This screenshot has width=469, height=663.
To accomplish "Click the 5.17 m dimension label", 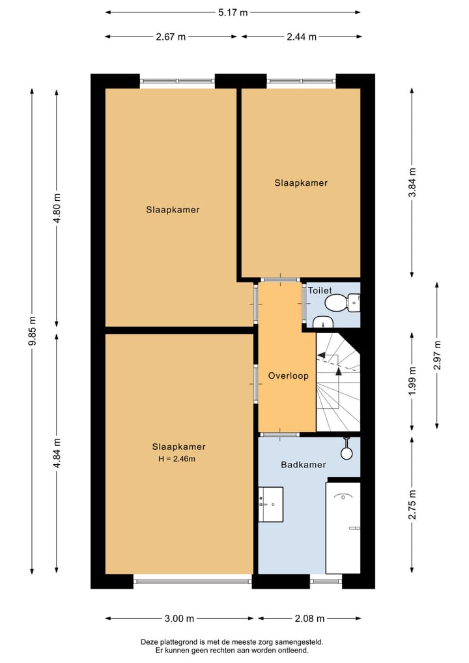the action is pos(233,12).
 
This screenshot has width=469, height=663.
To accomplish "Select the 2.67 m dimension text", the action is pos(171,37).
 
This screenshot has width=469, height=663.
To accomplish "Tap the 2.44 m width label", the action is pos(302,37).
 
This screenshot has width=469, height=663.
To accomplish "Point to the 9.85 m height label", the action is pos(33,331).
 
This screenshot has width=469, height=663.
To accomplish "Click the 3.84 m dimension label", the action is pos(413,183).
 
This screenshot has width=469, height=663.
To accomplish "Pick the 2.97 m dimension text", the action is pos(437,355).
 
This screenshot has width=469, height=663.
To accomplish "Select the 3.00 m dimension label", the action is pos(179,619).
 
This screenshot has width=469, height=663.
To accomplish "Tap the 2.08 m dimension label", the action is pos(309,619).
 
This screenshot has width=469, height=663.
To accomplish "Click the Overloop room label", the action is pos(289,376).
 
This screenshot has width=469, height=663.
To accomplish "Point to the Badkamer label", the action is pos(304,465).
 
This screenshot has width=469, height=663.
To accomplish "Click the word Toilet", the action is pos(320,291).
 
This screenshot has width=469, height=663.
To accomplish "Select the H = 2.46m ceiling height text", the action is pos(177,459).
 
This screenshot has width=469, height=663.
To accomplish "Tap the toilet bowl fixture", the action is pos(342,302).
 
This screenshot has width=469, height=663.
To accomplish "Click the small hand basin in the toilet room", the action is pos(323,323).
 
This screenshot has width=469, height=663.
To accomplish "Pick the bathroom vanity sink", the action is pos(271,505).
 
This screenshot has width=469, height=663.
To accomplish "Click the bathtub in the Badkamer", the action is pos(343,527).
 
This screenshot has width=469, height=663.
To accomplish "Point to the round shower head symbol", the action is pos(347,453).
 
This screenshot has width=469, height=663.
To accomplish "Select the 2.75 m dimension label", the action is pos(413,505).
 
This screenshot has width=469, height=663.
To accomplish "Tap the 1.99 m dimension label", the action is pos(413,381).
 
